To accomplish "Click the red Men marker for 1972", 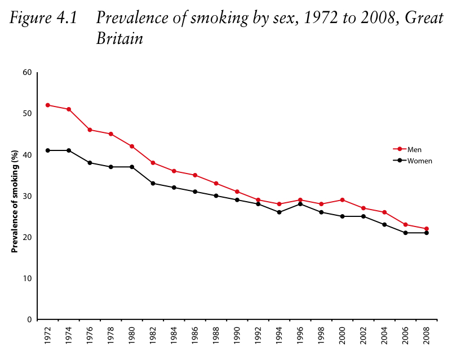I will point(47,105).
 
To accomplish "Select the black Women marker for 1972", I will point(47,150).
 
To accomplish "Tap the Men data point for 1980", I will point(132,146).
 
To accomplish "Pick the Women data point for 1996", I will point(300,204).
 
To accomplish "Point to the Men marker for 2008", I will point(427,229).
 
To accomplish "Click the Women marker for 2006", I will point(406,233).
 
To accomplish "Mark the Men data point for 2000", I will point(343,200).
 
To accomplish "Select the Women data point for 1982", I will point(153,183).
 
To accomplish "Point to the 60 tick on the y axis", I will point(27,72).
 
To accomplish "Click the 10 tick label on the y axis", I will point(27,278).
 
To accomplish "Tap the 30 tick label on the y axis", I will point(27,196).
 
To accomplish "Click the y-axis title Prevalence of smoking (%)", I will point(16,195).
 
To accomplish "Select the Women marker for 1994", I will point(280,212).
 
